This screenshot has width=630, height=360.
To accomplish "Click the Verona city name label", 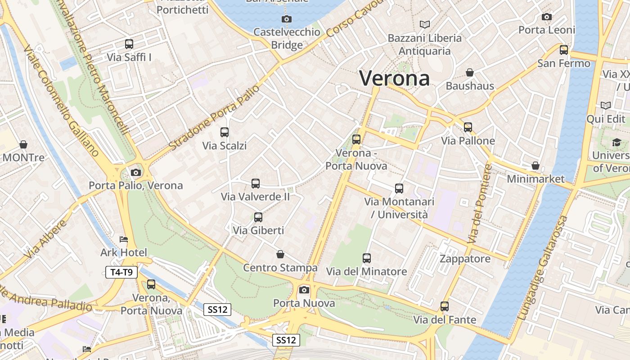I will coord(394,78).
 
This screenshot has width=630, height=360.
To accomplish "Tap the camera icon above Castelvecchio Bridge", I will coord(286,19).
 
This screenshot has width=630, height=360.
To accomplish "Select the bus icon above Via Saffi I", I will coord(129,44).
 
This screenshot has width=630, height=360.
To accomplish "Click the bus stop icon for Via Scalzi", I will coord(225,132).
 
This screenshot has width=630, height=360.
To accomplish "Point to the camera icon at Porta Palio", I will coord(135,172).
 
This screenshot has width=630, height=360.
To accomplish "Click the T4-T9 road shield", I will coord(121,272).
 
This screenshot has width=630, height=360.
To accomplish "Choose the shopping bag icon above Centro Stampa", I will coord(280,255).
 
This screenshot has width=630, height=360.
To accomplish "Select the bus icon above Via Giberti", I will coord(258,217).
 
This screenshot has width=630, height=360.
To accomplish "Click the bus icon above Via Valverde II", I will coord(256,184).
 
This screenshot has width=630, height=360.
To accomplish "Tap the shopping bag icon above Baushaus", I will coord(470,72).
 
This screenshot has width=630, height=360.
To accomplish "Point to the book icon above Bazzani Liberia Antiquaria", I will coord(424,24).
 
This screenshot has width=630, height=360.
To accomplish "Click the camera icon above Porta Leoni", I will coord(547,17).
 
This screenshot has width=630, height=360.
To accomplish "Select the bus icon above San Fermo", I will coord(564,50).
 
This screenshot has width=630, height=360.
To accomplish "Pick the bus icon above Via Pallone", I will coord(468,127).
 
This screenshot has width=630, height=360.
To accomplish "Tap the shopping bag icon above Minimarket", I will coord(535,166).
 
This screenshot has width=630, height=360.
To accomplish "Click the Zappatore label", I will coord(465,259).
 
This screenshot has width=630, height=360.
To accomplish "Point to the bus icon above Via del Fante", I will coord(445,306).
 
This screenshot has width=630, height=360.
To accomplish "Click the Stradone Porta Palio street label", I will coord(214,117).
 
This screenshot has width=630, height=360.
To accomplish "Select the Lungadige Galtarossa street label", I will coord(543,268).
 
